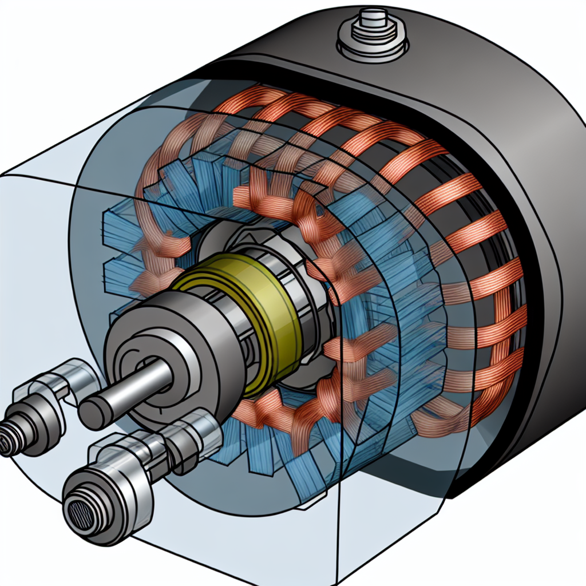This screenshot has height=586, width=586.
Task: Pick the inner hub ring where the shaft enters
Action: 140,372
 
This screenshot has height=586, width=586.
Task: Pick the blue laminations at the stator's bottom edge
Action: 303,475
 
